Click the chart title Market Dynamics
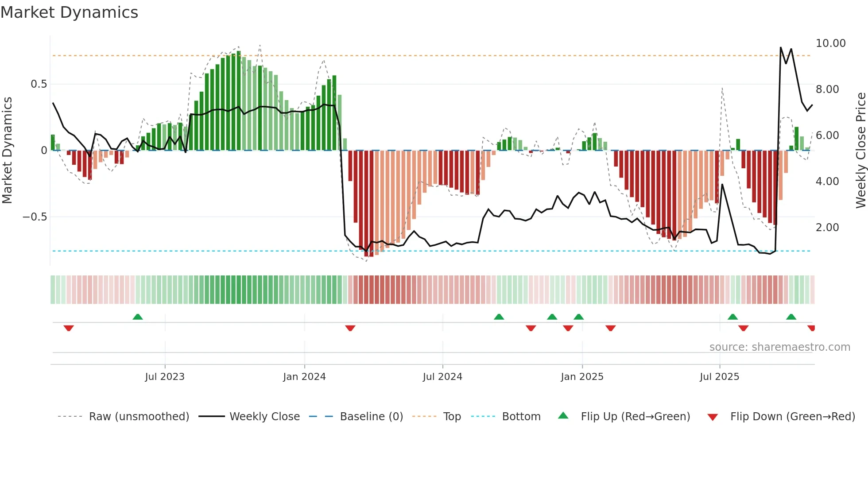click(70, 12)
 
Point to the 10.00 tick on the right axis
click(830, 43)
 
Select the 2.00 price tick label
click(827, 228)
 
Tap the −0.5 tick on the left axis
click(35, 217)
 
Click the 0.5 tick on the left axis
click(39, 84)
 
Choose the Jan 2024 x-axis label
click(304, 377)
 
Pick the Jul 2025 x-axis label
click(719, 377)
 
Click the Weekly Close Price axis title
click(860, 151)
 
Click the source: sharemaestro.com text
click(779, 347)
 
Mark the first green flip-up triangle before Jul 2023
click(138, 317)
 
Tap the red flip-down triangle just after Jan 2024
click(350, 328)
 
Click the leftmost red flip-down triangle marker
click(69, 328)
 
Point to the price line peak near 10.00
click(780, 47)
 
